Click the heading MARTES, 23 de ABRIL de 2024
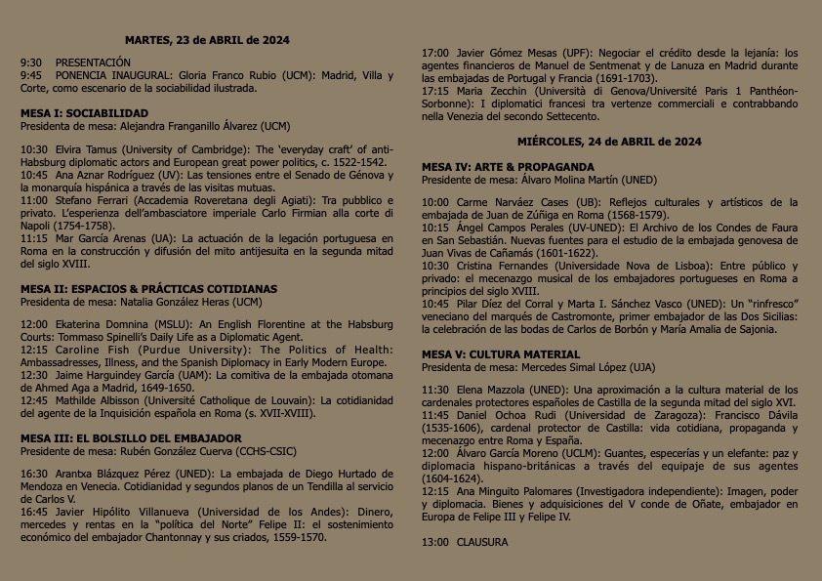[207, 40]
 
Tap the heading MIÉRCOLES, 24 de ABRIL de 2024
[609, 143]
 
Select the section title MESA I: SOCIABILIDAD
[85, 113]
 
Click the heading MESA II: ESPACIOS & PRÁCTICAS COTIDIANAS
[148, 289]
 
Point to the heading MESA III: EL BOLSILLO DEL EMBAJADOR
[132, 438]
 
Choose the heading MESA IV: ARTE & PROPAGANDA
[508, 167]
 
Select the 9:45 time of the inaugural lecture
[31, 75]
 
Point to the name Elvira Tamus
[80, 150]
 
